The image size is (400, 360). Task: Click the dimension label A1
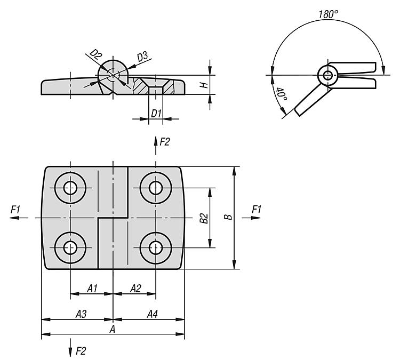tap(92, 289)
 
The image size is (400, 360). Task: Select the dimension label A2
tap(135, 289)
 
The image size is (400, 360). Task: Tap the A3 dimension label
tap(81, 314)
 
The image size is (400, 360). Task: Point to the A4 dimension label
tap(152, 314)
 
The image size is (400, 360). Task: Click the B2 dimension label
tap(203, 218)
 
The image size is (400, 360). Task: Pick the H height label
tap(203, 85)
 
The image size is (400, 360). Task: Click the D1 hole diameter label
tap(155, 113)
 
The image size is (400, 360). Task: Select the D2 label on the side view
tap(95, 54)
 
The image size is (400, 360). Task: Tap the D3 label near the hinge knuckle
tap(142, 56)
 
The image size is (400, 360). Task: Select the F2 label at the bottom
tap(81, 350)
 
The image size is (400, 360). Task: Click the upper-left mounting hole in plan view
tap(70, 187)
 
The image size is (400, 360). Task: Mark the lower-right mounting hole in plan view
tap(156, 247)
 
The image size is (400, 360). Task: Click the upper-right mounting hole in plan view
tap(156, 187)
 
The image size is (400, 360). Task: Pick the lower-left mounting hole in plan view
tap(70, 247)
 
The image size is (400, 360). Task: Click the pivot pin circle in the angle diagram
tap(326, 75)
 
